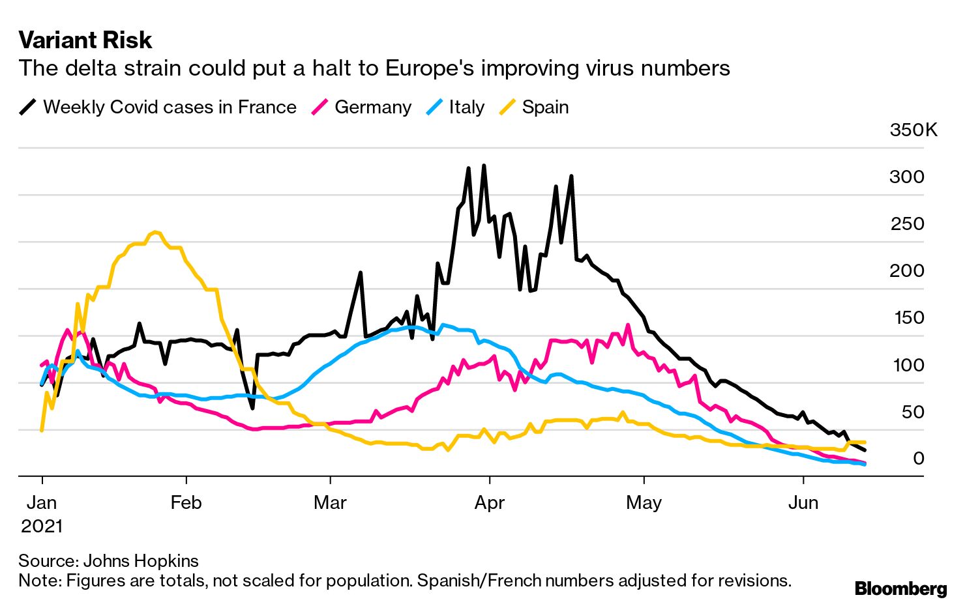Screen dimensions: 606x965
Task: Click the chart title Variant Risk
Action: pyautogui.click(x=85, y=40)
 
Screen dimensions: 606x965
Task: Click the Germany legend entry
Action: pyautogui.click(x=372, y=108)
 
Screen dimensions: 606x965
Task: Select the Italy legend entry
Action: pyautogui.click(x=466, y=108)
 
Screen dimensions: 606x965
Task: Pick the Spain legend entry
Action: pyautogui.click(x=545, y=108)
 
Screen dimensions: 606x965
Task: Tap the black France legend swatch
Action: pyautogui.click(x=28, y=108)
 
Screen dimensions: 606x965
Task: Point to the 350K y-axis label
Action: pyautogui.click(x=913, y=130)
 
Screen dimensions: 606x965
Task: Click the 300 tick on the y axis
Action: pyautogui.click(x=906, y=177)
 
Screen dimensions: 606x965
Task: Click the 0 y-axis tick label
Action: pyautogui.click(x=918, y=459)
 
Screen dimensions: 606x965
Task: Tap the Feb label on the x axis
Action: pyautogui.click(x=186, y=503)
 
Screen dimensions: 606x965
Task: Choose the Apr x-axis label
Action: pyautogui.click(x=489, y=503)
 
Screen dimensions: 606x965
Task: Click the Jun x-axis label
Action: pyautogui.click(x=803, y=503)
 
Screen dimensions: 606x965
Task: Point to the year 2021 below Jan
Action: pyautogui.click(x=42, y=526)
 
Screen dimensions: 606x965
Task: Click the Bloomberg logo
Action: pyautogui.click(x=900, y=589)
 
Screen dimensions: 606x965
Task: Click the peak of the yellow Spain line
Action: pyautogui.click(x=155, y=232)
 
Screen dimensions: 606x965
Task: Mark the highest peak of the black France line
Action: pyautogui.click(x=484, y=166)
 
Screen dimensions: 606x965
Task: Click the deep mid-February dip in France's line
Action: pyautogui.click(x=252, y=409)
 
